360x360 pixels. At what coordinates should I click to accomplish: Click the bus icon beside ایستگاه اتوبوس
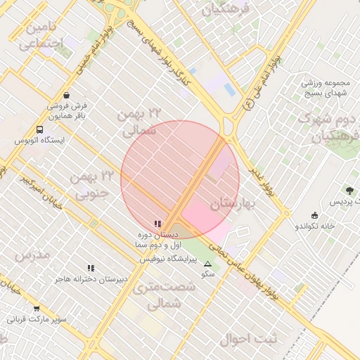tap(39, 130)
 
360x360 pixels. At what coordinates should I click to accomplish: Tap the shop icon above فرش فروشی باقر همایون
tap(66, 95)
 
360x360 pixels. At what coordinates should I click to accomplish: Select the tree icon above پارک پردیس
tap(349, 191)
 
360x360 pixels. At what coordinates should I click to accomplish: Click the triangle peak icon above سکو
tap(207, 264)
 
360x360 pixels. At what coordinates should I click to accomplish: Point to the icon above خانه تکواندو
tap(314, 215)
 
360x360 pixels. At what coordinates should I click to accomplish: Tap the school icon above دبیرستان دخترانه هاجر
tap(91, 268)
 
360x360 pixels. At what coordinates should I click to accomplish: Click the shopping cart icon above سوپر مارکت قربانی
tap(37, 308)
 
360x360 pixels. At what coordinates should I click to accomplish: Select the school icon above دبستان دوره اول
tap(157, 224)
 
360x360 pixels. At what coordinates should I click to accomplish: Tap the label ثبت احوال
tap(248, 339)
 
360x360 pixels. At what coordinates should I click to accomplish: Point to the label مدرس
tap(33, 255)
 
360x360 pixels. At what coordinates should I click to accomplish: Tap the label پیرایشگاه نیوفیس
tap(169, 259)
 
